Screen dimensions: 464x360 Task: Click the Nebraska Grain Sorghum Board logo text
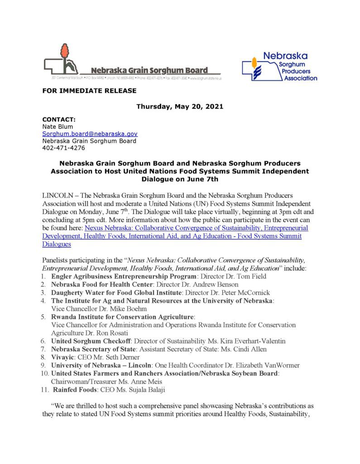coord(149,70)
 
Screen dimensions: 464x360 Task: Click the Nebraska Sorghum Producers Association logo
coord(279,66)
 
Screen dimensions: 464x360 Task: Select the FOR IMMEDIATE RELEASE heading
coord(89,91)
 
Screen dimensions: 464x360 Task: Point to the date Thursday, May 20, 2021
coord(180,107)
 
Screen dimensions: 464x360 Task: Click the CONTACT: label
coord(59,120)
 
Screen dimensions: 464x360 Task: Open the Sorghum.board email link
coord(90,134)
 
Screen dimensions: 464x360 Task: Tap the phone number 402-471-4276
coord(63,148)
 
